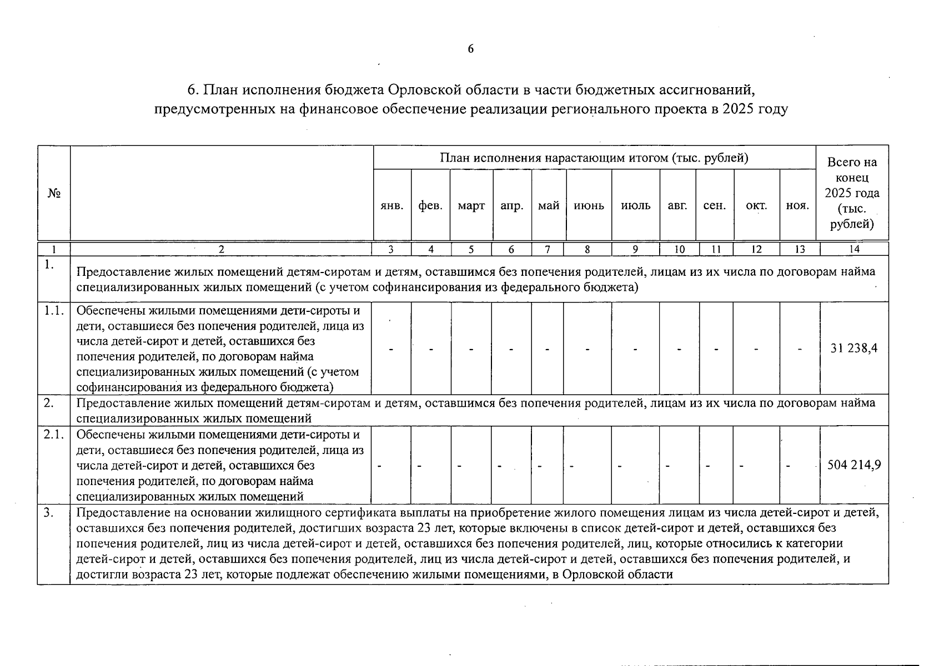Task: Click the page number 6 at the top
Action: [471, 49]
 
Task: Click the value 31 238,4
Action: [853, 349]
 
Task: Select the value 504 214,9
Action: [853, 465]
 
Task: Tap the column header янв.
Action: [392, 206]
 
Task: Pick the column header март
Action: [471, 206]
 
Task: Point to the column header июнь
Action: [589, 206]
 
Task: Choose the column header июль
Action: [635, 206]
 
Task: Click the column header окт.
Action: [756, 206]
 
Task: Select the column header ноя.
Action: [797, 206]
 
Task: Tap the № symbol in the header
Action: [54, 193]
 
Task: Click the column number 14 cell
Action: [854, 250]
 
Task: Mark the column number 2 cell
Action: [221, 250]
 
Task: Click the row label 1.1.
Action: [54, 311]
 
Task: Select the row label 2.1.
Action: [54, 435]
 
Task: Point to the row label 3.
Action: [49, 513]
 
